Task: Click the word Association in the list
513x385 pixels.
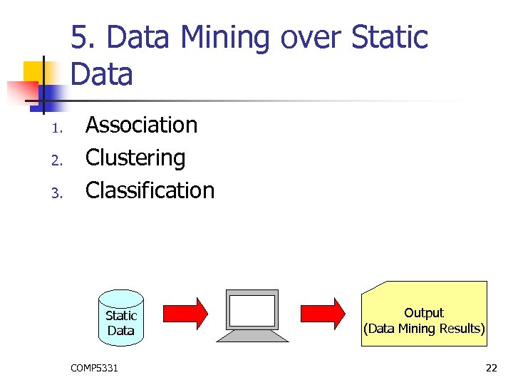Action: coord(141,125)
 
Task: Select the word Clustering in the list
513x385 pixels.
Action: coord(135,158)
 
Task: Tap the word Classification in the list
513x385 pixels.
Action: coord(150,190)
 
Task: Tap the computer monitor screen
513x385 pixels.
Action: coord(252,309)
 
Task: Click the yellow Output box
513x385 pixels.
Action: coord(424,314)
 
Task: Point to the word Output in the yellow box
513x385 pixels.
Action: coord(424,313)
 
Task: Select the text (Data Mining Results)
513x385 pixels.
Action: coord(424,329)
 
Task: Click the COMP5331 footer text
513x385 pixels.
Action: coord(95,368)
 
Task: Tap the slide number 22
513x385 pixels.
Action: coord(491,368)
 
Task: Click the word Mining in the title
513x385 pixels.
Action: coord(229,38)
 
